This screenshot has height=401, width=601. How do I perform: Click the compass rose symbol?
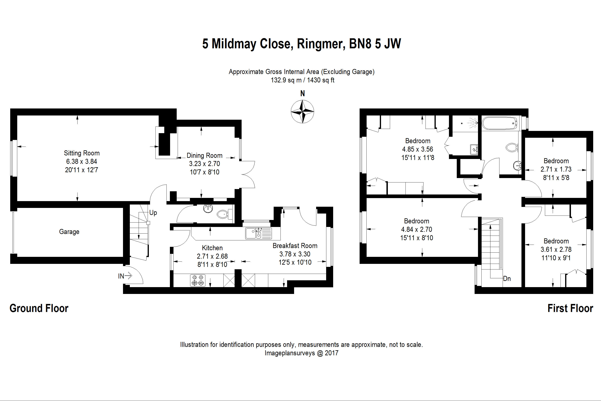[x=303, y=112]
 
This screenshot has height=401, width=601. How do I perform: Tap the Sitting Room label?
[x=82, y=153]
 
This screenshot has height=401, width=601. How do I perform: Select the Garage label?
[x=69, y=232]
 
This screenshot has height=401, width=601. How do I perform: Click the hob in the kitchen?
[x=198, y=280]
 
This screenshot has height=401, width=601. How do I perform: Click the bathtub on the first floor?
[x=500, y=123]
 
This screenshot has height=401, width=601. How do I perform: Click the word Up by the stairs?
[x=153, y=213]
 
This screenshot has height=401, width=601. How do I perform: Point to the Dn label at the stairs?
[x=507, y=279]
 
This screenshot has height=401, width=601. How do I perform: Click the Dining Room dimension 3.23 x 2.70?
[x=204, y=164]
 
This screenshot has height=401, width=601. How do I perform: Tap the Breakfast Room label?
[x=295, y=246]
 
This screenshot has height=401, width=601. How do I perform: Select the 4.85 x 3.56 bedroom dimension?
[x=417, y=149]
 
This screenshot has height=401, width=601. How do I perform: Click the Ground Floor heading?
[x=39, y=308]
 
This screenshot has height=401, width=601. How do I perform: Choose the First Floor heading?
[x=570, y=308]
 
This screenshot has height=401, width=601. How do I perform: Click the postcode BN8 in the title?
[x=360, y=44]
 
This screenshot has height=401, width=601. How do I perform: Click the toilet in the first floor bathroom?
[x=512, y=148]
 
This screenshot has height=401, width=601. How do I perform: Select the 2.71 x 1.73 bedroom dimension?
[x=556, y=169]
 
